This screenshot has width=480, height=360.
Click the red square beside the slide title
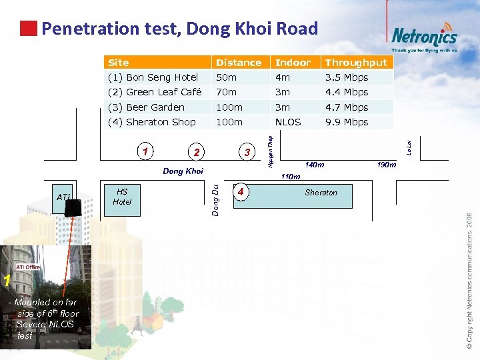click(28, 29)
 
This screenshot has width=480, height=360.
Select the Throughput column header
click(356, 63)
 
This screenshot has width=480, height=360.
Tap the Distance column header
click(238, 63)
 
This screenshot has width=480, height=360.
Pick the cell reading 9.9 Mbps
click(347, 122)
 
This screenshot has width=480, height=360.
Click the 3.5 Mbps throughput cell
click(347, 77)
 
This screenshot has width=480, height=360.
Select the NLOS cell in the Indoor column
click(288, 122)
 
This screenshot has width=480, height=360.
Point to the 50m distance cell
click(226, 77)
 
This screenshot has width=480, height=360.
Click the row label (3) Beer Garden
click(146, 107)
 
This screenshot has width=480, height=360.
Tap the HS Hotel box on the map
click(122, 197)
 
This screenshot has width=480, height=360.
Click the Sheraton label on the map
click(321, 193)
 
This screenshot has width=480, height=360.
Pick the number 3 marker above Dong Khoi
click(247, 153)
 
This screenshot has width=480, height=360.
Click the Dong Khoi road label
click(183, 171)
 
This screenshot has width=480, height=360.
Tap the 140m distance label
click(315, 164)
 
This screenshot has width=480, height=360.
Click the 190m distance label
click(387, 164)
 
